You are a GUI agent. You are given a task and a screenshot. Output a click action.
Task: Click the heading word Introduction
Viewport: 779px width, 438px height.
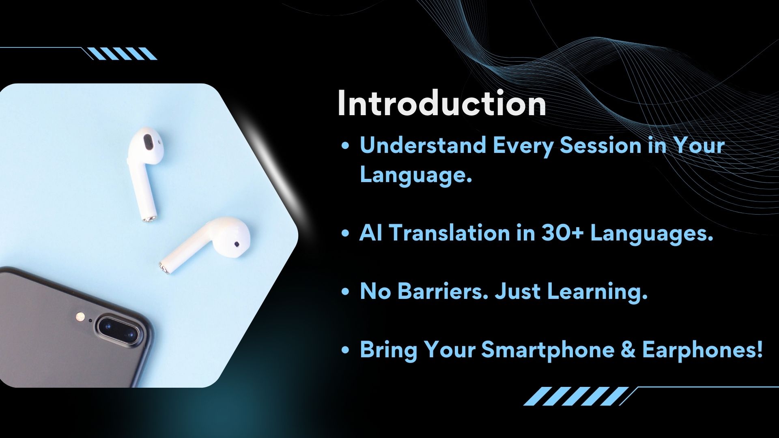click(x=441, y=104)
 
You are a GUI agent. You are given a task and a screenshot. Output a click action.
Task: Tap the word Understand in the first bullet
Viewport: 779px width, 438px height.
click(x=423, y=145)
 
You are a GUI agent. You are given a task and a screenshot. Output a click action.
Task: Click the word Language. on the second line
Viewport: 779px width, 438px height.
click(x=416, y=175)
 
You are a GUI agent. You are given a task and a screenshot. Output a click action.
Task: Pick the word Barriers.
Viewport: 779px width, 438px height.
click(x=442, y=291)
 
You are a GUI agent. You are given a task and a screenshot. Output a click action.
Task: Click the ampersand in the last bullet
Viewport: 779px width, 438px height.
click(x=628, y=350)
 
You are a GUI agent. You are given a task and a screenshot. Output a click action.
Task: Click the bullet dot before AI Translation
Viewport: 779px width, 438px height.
click(x=346, y=234)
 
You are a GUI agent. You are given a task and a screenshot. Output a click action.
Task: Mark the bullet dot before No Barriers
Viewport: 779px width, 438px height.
click(x=346, y=292)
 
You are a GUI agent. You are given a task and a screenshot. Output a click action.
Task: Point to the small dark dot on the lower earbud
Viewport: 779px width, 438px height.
click(x=237, y=244)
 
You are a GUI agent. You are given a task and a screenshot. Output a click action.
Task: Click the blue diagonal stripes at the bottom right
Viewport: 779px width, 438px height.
click(x=576, y=396)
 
